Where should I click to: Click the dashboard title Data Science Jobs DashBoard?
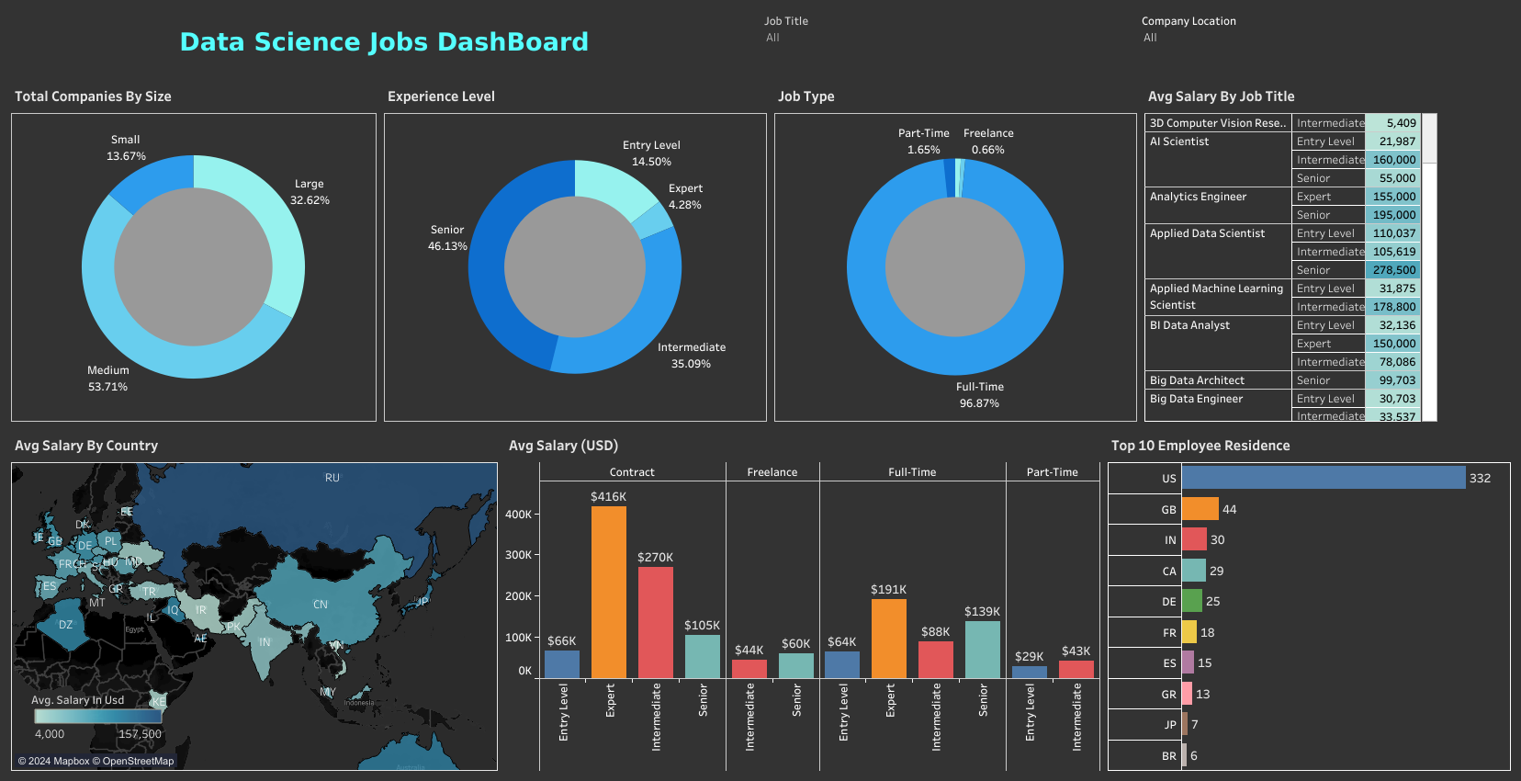tap(384, 42)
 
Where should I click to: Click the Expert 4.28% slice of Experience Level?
tap(654, 221)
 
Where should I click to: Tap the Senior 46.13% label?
tap(447, 238)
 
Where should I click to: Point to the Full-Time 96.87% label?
tap(979, 395)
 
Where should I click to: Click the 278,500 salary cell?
tap(1393, 270)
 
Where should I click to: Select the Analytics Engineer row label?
tap(1198, 197)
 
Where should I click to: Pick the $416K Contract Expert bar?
tap(608, 592)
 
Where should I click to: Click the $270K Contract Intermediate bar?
tap(655, 622)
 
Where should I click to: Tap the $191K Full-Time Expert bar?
tap(888, 639)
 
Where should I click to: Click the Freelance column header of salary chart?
tap(772, 472)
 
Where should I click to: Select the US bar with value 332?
tap(1323, 478)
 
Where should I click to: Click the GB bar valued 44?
tap(1200, 509)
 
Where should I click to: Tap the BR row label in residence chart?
tap(1168, 756)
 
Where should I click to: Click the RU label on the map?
tap(332, 478)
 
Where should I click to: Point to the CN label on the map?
tap(321, 605)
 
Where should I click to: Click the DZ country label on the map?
tap(65, 625)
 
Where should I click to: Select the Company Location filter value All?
tap(1150, 38)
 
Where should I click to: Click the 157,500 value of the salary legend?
tap(140, 734)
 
